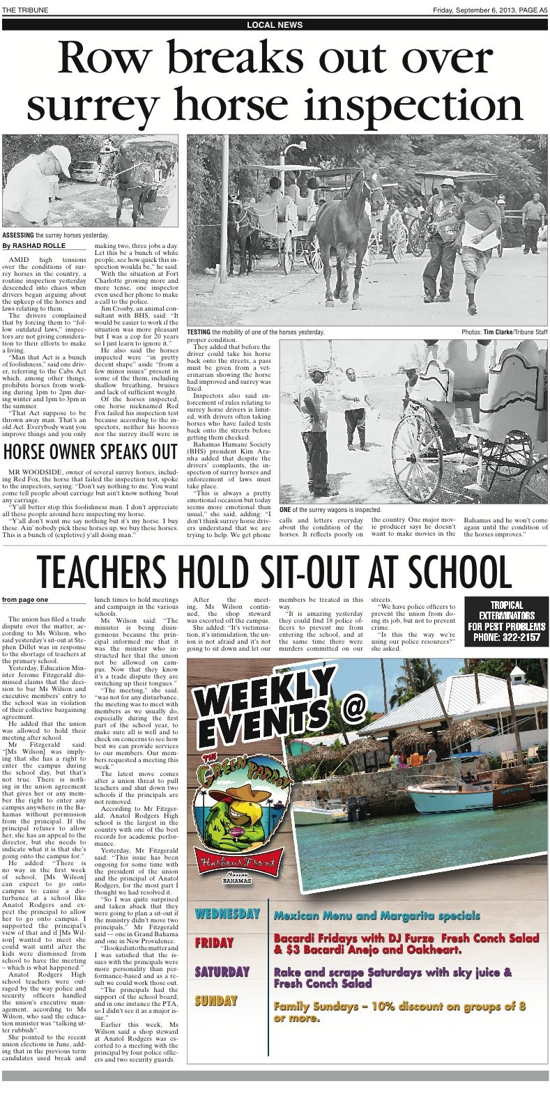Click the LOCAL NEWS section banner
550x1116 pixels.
point(275,25)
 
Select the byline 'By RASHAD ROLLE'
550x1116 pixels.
point(34,246)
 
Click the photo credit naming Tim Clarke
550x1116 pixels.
point(504,332)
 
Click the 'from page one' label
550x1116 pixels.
point(25,600)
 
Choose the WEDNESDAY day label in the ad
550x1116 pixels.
point(227,913)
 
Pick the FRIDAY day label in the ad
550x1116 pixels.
point(214,943)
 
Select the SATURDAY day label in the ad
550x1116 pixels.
point(222,972)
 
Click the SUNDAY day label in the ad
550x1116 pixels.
point(216,1001)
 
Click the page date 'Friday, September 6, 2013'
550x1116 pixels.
point(473,9)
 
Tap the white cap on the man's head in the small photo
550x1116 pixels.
point(59,151)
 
